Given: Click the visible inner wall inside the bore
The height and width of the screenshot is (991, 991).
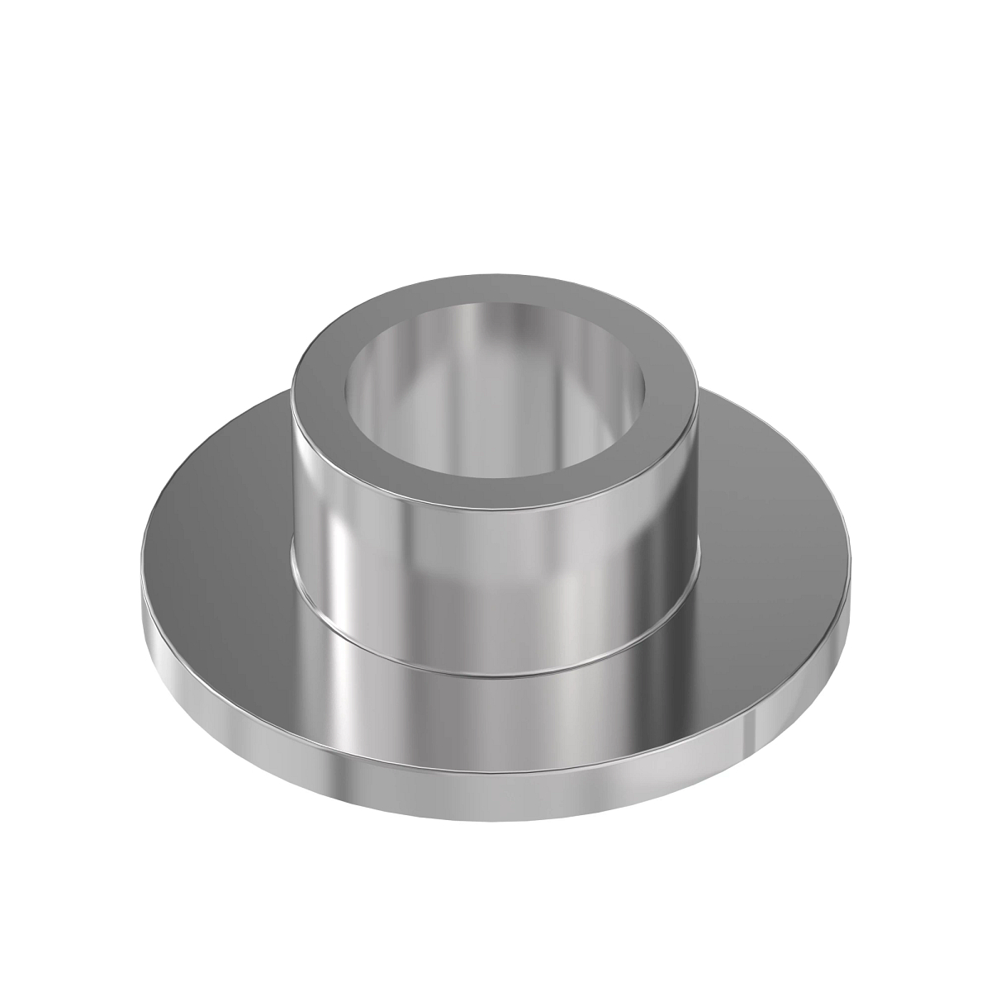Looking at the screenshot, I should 495,347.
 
